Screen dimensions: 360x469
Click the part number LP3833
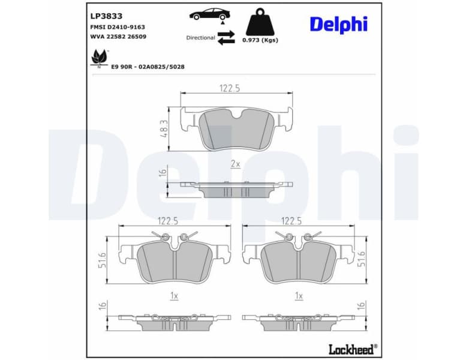click(x=106, y=16)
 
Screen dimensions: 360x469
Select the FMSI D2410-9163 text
click(x=118, y=27)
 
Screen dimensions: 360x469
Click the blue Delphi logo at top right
click(x=338, y=24)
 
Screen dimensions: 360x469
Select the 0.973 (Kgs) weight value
click(x=260, y=40)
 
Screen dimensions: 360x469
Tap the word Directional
click(x=200, y=37)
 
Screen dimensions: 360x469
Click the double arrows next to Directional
click(x=226, y=37)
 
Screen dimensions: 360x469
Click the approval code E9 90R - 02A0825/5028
click(x=148, y=67)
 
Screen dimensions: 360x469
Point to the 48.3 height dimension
click(x=164, y=129)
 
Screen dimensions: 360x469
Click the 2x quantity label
click(x=235, y=164)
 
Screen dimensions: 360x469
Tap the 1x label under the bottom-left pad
click(x=175, y=296)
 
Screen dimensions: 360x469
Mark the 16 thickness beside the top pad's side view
click(x=162, y=173)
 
